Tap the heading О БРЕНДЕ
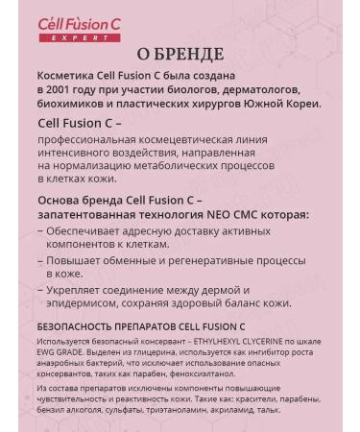tap(180, 54)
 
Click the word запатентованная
tap(91, 214)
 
